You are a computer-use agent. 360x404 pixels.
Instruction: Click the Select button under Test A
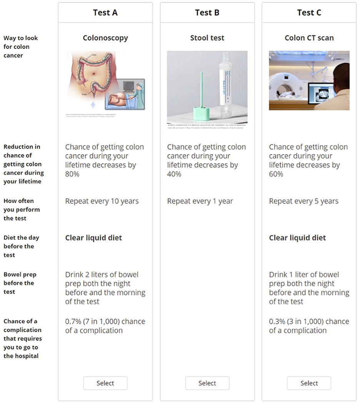[x=105, y=383]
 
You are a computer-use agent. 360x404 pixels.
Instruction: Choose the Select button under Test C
[x=309, y=383]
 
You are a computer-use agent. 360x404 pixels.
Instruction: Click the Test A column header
[x=105, y=13]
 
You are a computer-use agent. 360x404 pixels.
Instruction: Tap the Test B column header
[x=207, y=13]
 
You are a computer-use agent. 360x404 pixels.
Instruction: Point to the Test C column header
[x=309, y=13]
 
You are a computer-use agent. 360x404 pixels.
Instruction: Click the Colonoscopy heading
[x=105, y=38]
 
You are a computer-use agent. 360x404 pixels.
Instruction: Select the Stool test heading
[x=207, y=38]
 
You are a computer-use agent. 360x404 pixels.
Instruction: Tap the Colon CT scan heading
[x=309, y=38]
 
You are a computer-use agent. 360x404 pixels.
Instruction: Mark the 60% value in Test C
[x=276, y=174]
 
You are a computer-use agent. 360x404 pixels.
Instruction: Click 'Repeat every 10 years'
[x=102, y=201]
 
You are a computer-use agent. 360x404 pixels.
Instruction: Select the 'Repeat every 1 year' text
[x=200, y=201]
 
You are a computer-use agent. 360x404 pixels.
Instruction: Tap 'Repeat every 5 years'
[x=304, y=201]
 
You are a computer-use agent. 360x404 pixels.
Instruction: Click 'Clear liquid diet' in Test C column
[x=297, y=238]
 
